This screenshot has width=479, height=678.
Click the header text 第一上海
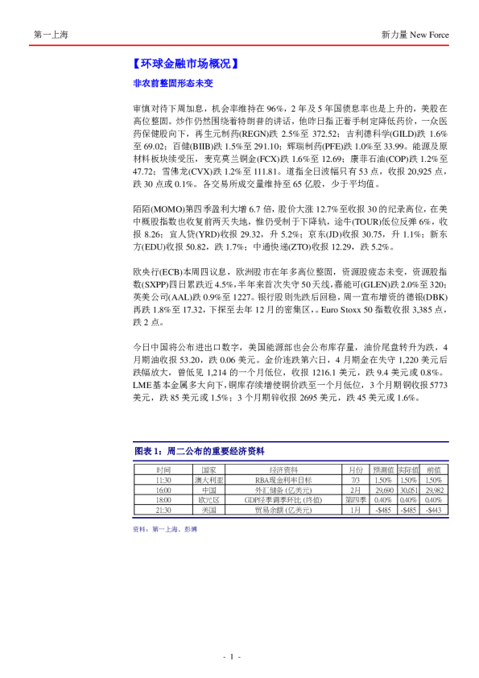click(x=51, y=35)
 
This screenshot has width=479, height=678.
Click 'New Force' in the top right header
click(x=428, y=35)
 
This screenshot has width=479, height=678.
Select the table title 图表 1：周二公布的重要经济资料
click(x=198, y=451)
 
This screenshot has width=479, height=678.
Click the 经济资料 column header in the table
click(x=284, y=469)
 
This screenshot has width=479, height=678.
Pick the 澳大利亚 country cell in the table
click(x=209, y=479)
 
